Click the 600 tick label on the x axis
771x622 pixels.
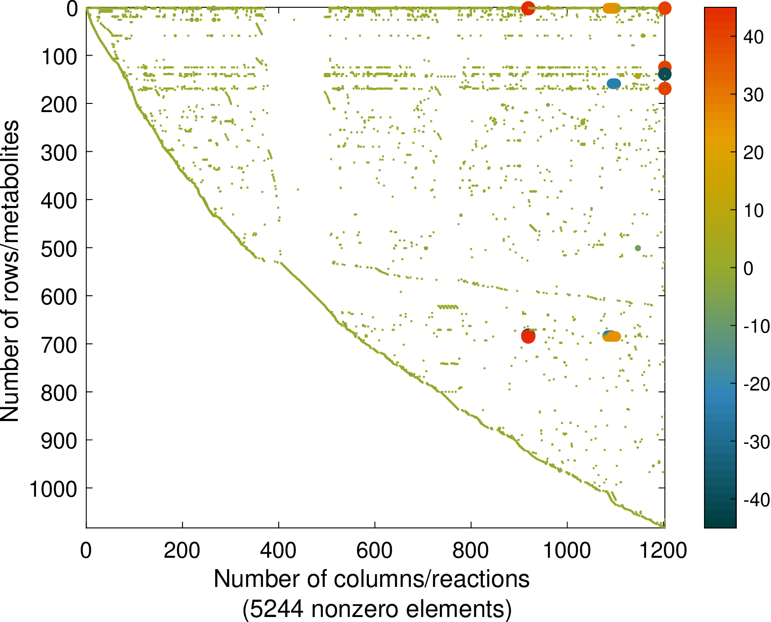[374, 550]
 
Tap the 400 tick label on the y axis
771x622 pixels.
[59, 200]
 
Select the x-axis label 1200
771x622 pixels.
[663, 550]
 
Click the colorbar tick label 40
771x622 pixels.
[753, 37]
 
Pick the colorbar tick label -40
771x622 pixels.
[756, 500]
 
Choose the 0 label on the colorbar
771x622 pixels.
[748, 268]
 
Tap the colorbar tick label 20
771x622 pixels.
[753, 153]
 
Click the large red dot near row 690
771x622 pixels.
[528, 336]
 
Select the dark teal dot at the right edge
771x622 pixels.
[665, 74]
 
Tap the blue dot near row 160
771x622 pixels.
[614, 84]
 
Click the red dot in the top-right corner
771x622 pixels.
[665, 8]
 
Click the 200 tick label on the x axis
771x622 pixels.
[182, 550]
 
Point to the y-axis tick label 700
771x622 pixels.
[59, 345]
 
